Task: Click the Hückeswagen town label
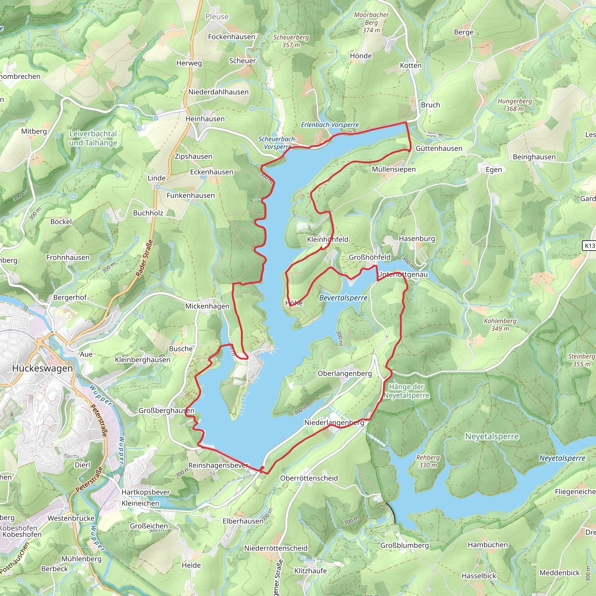42,368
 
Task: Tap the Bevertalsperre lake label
343,298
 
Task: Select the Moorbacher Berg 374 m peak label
371,22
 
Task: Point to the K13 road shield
590,246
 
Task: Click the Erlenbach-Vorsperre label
330,125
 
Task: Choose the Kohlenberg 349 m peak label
500,324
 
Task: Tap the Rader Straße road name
145,258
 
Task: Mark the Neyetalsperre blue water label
562,458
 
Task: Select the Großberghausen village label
166,411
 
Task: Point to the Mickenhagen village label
207,306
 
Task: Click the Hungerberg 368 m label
515,105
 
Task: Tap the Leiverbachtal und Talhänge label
93,138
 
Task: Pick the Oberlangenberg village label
345,373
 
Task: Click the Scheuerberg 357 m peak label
291,41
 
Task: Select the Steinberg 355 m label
581,360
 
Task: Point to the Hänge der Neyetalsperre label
406,391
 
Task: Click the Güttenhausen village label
439,148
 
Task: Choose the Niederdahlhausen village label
219,92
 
